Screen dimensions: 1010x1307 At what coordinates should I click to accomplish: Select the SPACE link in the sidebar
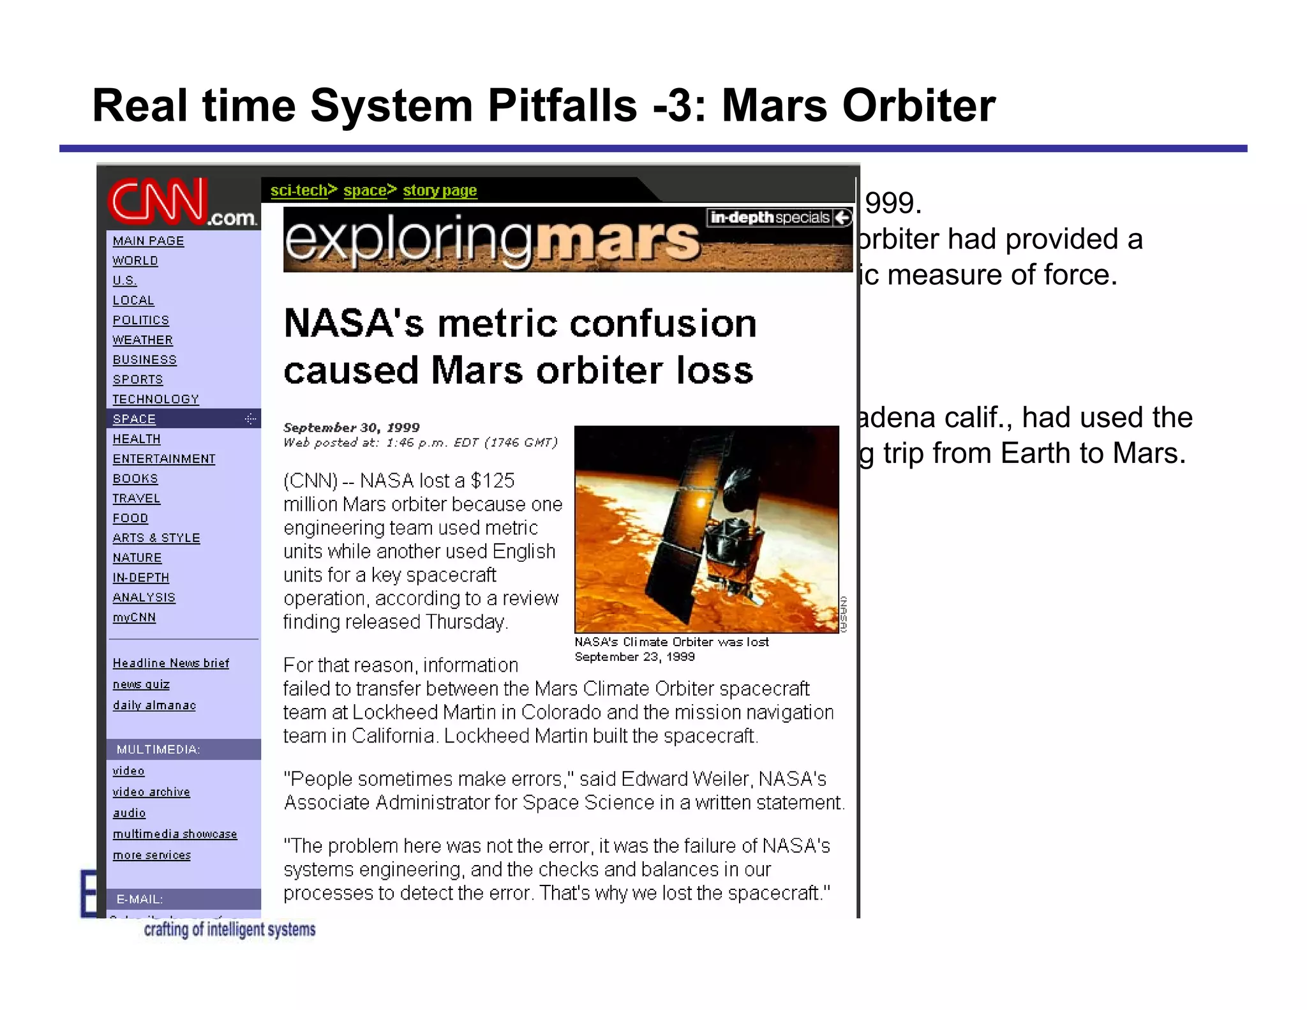coord(134,419)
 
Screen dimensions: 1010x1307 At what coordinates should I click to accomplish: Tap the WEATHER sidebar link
coord(142,340)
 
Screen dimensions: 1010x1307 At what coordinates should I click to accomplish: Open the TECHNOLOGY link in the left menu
coord(156,399)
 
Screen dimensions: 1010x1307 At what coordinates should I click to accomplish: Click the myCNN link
coord(134,617)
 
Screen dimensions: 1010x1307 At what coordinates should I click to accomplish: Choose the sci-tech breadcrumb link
coord(299,190)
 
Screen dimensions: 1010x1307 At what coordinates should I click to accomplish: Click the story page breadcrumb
coord(440,190)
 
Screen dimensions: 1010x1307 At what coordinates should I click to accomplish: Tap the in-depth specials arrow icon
coord(842,218)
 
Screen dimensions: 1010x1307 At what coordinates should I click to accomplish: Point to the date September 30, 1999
coord(352,427)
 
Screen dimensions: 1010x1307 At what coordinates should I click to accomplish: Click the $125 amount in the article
coord(492,480)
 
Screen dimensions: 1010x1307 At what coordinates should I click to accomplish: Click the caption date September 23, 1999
coord(634,657)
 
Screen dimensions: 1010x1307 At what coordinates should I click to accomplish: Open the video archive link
coord(151,792)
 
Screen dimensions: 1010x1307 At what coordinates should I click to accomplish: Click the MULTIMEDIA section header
coord(158,750)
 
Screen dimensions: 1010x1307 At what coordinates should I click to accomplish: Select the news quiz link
coord(141,684)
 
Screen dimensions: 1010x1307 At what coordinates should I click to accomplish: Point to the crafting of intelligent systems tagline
coord(230,929)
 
